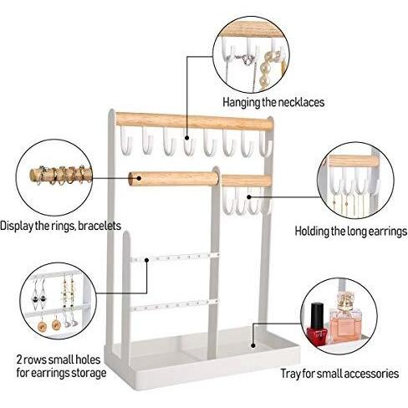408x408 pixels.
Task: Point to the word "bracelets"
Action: click(x=99, y=226)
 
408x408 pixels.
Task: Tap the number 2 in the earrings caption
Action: click(x=19, y=360)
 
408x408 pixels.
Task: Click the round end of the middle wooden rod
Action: click(x=135, y=179)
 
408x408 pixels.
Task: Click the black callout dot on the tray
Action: click(x=252, y=345)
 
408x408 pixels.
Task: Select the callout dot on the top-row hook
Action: click(x=186, y=138)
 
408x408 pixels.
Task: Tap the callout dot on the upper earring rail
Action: click(x=146, y=260)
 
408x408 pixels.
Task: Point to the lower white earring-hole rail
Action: click(x=175, y=304)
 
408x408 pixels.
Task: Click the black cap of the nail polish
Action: click(x=317, y=314)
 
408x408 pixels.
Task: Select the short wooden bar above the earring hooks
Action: click(x=247, y=181)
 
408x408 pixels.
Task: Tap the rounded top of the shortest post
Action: click(x=126, y=235)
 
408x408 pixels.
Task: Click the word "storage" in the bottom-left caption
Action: click(x=89, y=373)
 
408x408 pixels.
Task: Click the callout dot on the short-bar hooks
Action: click(x=249, y=196)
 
